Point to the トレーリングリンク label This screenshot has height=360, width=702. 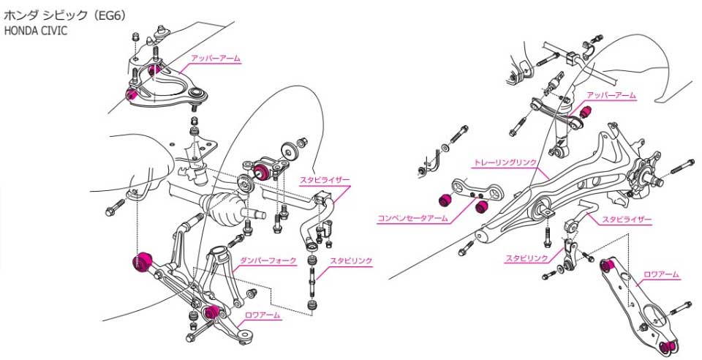pyautogui.click(x=505, y=161)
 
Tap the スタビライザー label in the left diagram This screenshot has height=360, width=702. pyautogui.click(x=325, y=179)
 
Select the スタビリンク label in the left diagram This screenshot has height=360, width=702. pyautogui.click(x=352, y=260)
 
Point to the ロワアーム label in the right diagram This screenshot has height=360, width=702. pyautogui.click(x=661, y=274)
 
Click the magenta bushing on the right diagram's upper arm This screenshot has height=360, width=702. pyautogui.click(x=586, y=112)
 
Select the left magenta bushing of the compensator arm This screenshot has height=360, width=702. pyautogui.click(x=443, y=198)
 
